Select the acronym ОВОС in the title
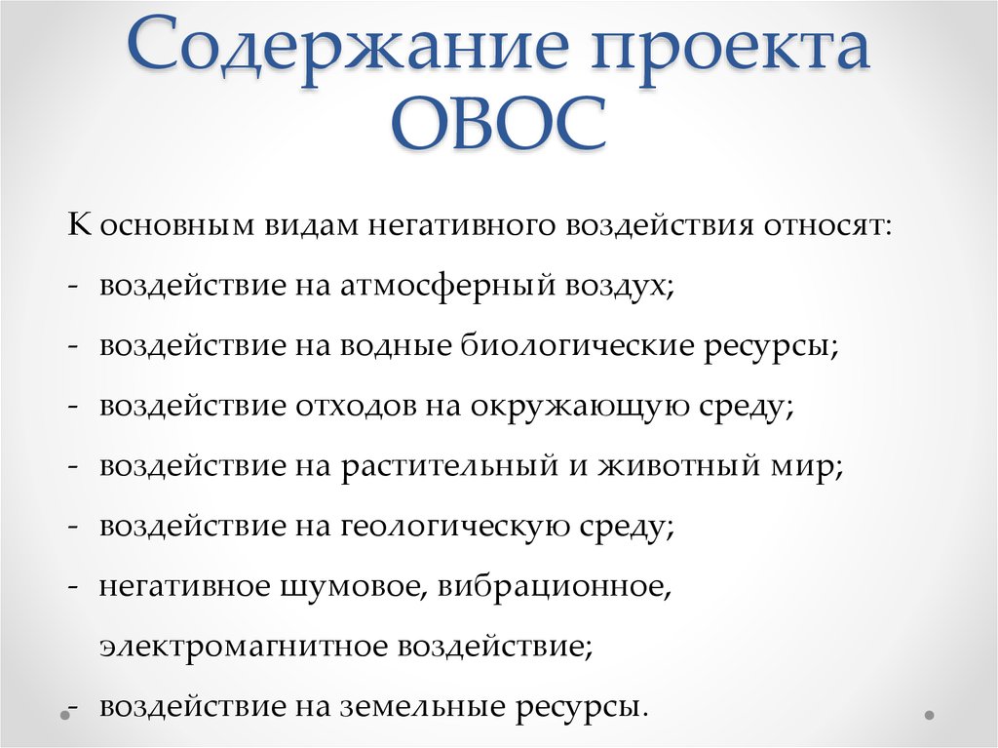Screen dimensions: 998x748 499,123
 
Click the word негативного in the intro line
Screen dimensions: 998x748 463,225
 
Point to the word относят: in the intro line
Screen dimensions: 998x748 827,226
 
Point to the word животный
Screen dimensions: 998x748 679,466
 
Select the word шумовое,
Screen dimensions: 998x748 354,586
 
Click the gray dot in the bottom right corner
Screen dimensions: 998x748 929,715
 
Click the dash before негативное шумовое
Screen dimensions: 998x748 73,585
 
